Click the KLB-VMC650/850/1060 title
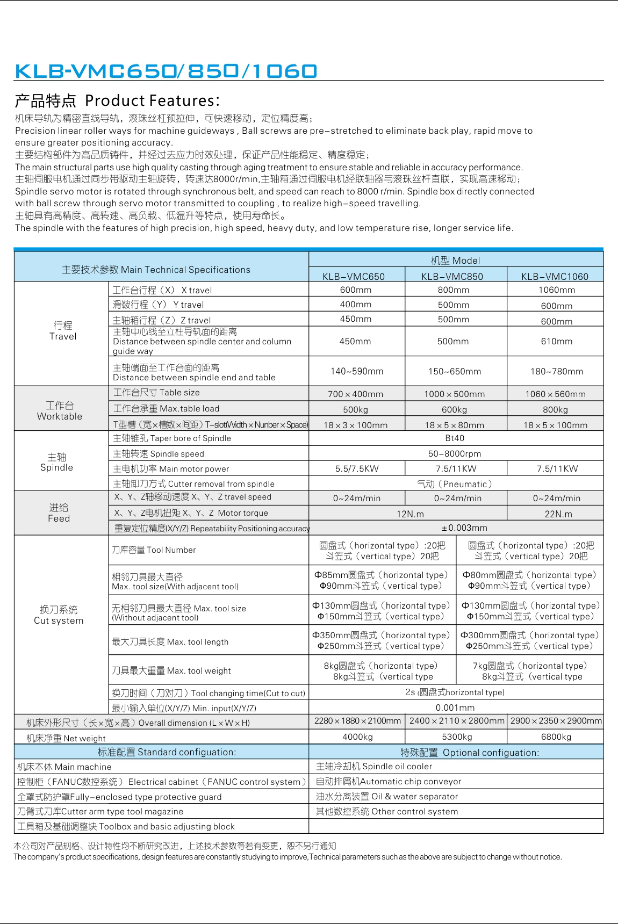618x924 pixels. (x=166, y=71)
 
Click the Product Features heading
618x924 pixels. (x=118, y=100)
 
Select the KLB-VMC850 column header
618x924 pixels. (x=452, y=276)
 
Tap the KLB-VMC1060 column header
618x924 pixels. (x=555, y=276)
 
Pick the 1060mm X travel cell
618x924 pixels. (x=557, y=290)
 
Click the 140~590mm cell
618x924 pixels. (x=357, y=371)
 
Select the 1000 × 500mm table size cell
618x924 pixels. (x=454, y=394)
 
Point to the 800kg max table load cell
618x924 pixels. (x=555, y=409)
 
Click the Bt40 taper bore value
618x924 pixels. (x=455, y=438)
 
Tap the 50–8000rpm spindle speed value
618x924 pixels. (x=455, y=453)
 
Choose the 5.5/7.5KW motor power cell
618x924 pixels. (x=357, y=468)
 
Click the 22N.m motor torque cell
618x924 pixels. (x=558, y=514)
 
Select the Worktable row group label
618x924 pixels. (x=60, y=411)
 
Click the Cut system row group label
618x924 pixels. (x=59, y=615)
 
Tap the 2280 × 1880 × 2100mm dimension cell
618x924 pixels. (x=357, y=721)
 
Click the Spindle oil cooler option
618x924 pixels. (x=374, y=766)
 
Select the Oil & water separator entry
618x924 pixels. (x=387, y=796)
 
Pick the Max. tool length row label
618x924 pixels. (x=170, y=641)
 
